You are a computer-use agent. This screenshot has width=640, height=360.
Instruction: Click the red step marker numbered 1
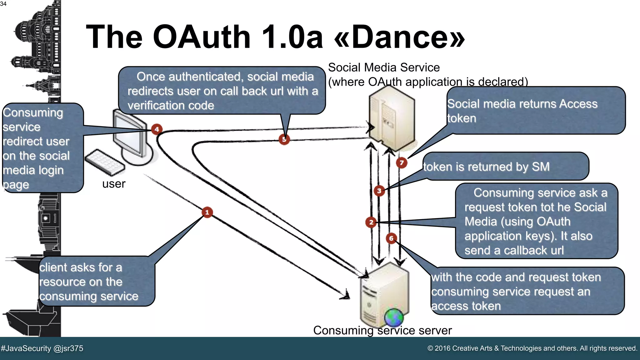[x=207, y=212]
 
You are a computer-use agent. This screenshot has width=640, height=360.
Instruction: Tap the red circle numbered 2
[x=371, y=222]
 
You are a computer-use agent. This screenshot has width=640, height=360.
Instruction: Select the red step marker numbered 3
[x=379, y=191]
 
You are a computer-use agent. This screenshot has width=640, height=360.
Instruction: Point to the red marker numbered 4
[x=157, y=129]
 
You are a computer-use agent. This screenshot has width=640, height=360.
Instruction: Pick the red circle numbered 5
[x=284, y=139]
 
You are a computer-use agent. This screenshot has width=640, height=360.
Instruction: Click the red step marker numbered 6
[x=391, y=238]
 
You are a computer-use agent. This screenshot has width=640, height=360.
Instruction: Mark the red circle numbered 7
[x=402, y=162]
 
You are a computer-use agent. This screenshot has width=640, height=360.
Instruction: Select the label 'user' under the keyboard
[x=114, y=184]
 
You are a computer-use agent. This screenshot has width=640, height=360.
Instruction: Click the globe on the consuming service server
[x=394, y=317]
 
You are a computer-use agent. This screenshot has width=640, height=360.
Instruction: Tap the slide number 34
[x=3, y=4]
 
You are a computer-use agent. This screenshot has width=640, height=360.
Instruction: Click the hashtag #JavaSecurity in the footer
[x=26, y=348]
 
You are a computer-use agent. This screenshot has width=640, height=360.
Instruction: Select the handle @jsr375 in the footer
[x=68, y=348]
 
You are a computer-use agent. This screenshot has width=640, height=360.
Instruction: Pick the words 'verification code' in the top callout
[x=171, y=106]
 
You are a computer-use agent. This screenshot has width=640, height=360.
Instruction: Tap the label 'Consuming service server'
[x=382, y=330]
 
